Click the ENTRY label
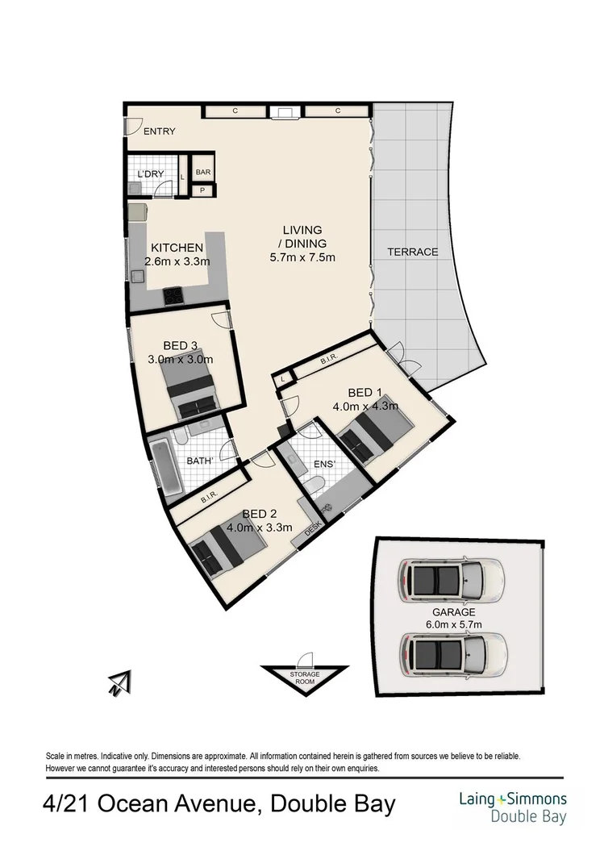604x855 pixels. click(159, 131)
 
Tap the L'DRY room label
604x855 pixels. click(151, 174)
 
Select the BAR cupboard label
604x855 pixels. click(203, 172)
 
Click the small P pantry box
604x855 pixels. click(203, 190)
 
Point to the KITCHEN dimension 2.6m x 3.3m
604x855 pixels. click(177, 261)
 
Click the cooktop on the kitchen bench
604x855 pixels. click(174, 296)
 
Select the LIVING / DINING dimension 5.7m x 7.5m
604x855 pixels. click(302, 258)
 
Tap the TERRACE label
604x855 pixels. click(412, 252)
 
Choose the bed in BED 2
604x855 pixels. click(228, 548)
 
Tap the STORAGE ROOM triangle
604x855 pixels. click(305, 677)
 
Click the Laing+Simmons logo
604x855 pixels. click(512, 808)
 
